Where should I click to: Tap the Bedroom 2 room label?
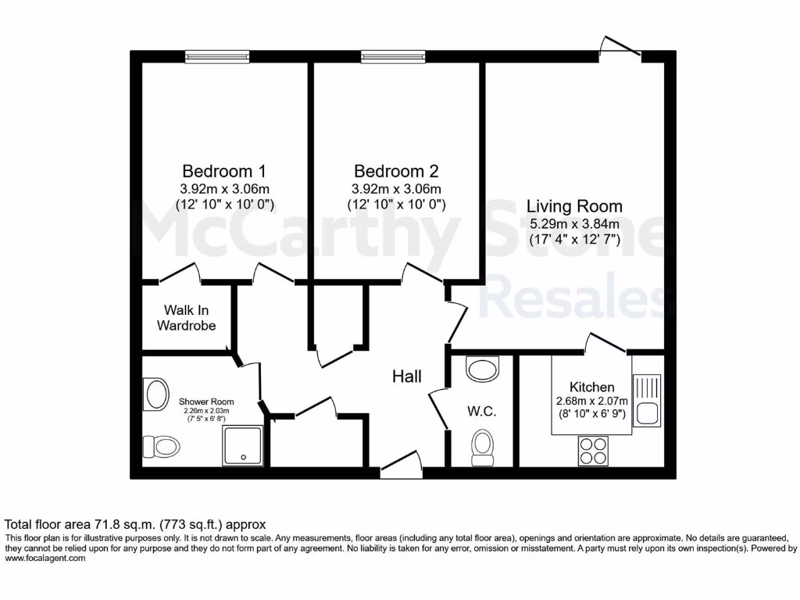(396, 171)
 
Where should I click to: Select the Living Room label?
(574, 207)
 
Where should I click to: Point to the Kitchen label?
(591, 387)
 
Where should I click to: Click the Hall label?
(407, 377)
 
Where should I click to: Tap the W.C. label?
(482, 412)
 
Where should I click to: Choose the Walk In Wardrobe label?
(186, 318)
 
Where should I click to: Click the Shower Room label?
(206, 402)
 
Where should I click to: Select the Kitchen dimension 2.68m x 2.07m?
(591, 402)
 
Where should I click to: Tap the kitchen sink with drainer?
(647, 398)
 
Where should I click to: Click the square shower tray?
(243, 445)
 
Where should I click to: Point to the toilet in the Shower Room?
(160, 447)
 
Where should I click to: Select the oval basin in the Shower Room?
(155, 395)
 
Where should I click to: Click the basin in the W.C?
(481, 368)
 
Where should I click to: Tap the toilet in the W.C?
(482, 448)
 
